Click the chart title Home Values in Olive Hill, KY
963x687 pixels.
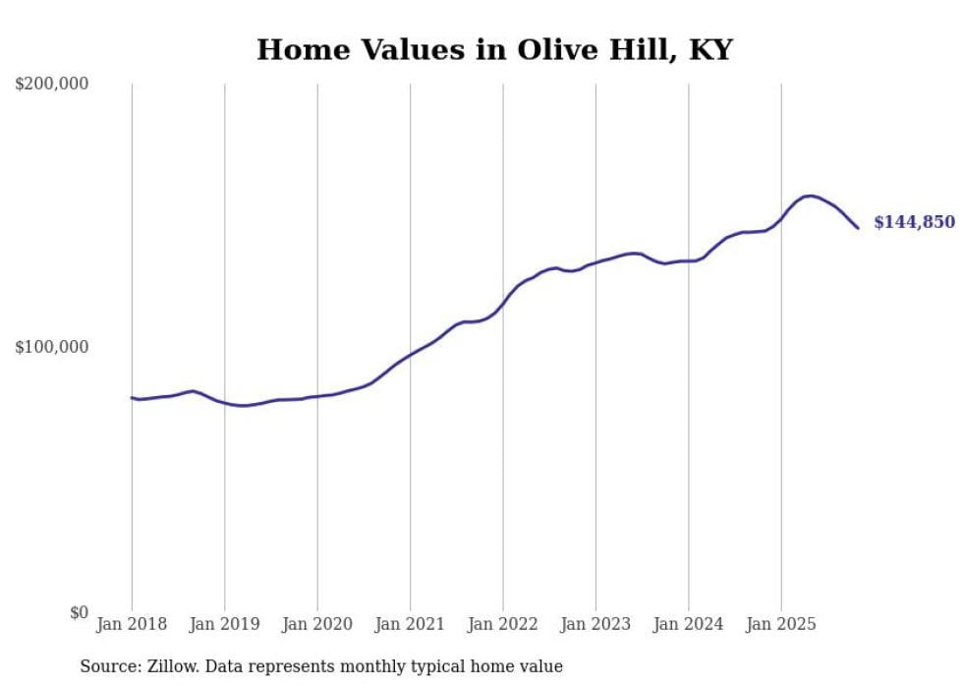[494, 49]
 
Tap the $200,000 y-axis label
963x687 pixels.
[52, 85]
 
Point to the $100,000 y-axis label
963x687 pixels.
[52, 347]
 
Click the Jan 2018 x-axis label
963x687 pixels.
[132, 624]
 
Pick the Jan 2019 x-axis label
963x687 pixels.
[224, 624]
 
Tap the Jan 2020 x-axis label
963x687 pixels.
[317, 624]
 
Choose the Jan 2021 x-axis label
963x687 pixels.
[410, 624]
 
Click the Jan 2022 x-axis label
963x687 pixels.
[503, 624]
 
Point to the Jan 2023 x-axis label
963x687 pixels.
[595, 624]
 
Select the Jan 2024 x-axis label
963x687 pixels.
[689, 624]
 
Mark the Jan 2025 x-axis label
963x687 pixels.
[781, 624]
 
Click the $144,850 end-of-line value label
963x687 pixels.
[914, 223]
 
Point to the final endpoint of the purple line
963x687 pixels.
[858, 228]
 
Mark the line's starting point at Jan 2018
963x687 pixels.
[132, 398]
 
